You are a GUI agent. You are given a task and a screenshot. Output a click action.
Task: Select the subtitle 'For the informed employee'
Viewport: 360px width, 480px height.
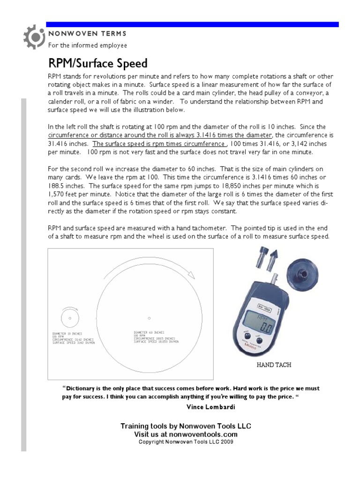click(88, 45)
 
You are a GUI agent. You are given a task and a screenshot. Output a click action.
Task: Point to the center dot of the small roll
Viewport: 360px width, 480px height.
click(70, 318)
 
